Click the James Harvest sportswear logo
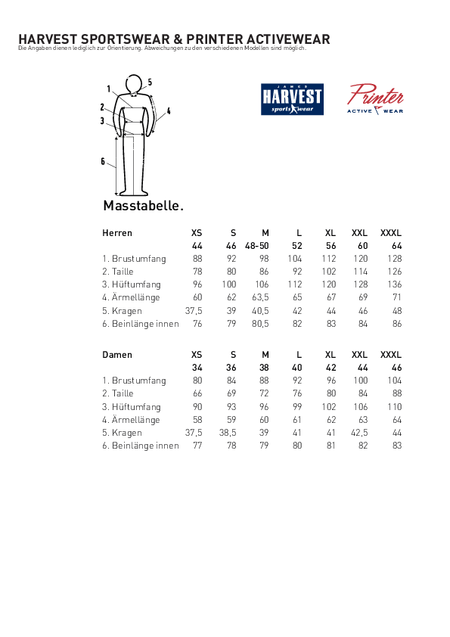pos(292,99)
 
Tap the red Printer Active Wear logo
pos(375,99)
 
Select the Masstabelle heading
pos(143,206)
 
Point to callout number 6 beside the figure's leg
pos(103,161)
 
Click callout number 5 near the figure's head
pos(150,82)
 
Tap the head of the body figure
pos(134,83)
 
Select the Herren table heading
pos(117,233)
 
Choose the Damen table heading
pos(116,355)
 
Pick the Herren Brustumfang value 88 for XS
pos(197,259)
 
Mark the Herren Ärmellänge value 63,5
pos(260,298)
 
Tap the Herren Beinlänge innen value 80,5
pos(260,324)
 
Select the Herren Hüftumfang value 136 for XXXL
pos(394,284)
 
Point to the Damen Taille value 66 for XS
pos(197,393)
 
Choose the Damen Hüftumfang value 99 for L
pos(297,407)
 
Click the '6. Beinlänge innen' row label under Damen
pos(141,446)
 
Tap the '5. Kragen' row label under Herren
pos(123,311)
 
